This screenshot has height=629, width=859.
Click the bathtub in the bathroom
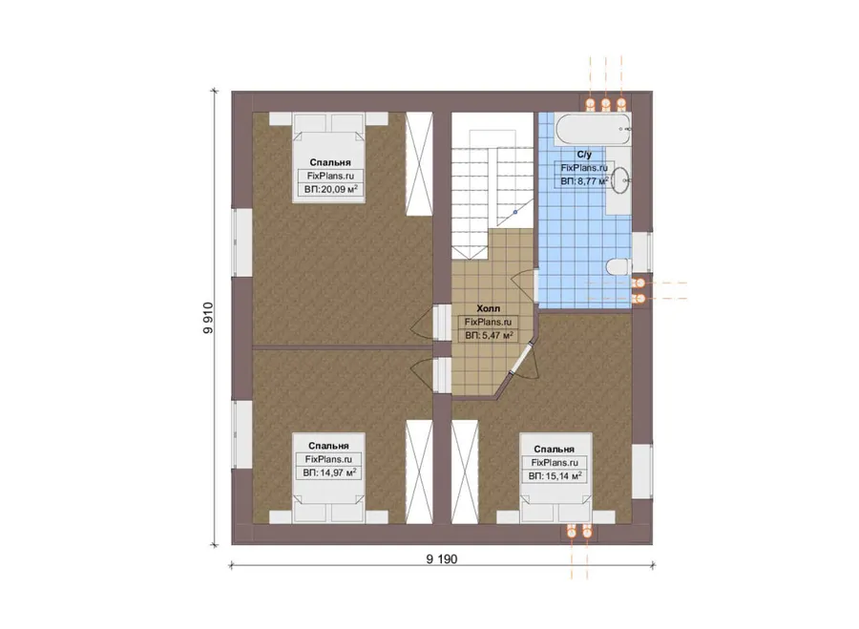tap(593, 129)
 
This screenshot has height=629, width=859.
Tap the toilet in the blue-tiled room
tap(619, 266)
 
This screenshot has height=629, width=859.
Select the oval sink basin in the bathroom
tap(619, 179)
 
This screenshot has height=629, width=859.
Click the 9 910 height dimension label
tap(208, 318)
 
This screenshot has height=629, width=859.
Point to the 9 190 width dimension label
tap(442, 559)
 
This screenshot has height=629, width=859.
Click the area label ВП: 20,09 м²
tap(330, 190)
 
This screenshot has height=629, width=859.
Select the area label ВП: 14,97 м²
tap(329, 472)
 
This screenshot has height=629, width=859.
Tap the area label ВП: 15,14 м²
tap(555, 476)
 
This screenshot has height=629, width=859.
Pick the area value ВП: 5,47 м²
tap(489, 335)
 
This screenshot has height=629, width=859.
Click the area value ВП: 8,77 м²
tap(584, 180)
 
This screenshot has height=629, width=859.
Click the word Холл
tap(488, 308)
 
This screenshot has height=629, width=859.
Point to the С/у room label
tap(584, 155)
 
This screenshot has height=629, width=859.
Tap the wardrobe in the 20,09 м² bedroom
tap(419, 164)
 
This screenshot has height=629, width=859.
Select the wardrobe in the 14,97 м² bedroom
tap(419, 472)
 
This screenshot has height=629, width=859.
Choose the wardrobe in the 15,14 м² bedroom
tap(465, 472)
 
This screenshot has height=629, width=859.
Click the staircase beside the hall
tap(492, 186)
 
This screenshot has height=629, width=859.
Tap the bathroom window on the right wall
tap(642, 252)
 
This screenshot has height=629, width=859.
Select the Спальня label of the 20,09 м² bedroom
tap(330, 162)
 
